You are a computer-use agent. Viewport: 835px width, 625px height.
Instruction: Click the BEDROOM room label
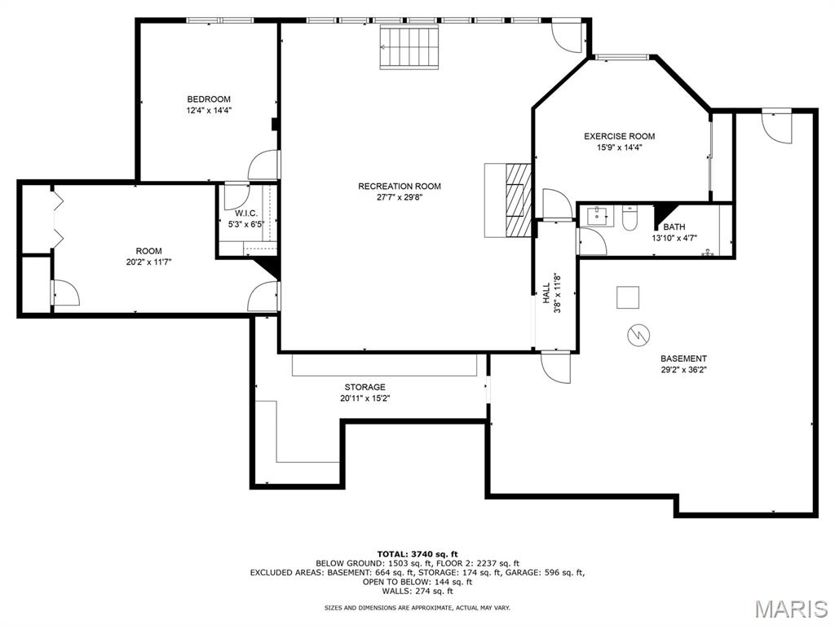pyautogui.click(x=209, y=99)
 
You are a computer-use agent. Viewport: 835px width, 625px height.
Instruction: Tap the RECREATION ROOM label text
pyautogui.click(x=400, y=187)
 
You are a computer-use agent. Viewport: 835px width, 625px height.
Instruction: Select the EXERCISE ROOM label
pyautogui.click(x=619, y=136)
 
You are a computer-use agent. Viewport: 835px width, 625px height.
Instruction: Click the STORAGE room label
pyautogui.click(x=364, y=387)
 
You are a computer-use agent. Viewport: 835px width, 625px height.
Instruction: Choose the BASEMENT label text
pyautogui.click(x=683, y=359)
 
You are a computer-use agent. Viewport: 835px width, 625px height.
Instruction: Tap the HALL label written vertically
pyautogui.click(x=546, y=293)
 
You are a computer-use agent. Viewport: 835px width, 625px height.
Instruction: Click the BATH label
pyautogui.click(x=674, y=227)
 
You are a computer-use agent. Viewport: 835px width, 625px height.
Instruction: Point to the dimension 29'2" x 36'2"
pyautogui.click(x=683, y=370)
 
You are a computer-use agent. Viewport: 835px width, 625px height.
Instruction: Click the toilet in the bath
pyautogui.click(x=630, y=218)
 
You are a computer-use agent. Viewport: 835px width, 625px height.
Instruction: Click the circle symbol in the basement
pyautogui.click(x=636, y=333)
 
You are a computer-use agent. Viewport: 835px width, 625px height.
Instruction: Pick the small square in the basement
pyautogui.click(x=628, y=297)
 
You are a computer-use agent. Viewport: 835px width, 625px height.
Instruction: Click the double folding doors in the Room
pyautogui.click(x=56, y=217)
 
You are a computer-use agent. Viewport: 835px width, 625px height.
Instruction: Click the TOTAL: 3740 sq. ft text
pyautogui.click(x=417, y=553)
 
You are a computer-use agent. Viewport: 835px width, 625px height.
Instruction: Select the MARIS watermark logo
pyautogui.click(x=790, y=608)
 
